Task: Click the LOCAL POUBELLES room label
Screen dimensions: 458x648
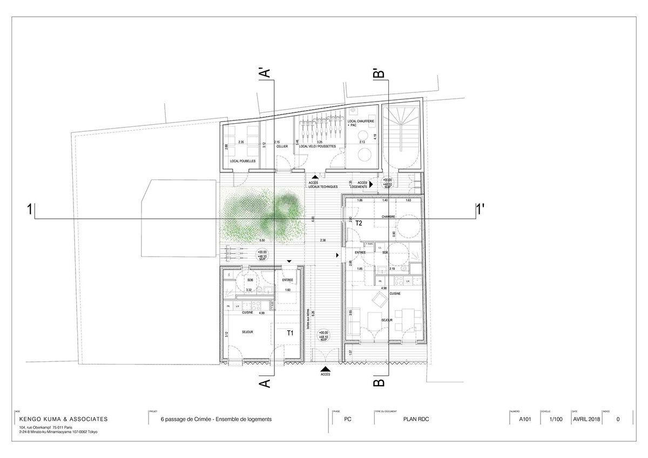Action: (x=242, y=161)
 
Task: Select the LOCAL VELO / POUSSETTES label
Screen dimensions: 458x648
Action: (x=320, y=146)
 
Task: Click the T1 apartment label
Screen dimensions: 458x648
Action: (x=289, y=333)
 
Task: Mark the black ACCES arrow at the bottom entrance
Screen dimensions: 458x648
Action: (x=326, y=368)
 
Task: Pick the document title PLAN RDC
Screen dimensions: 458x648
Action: (x=416, y=419)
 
